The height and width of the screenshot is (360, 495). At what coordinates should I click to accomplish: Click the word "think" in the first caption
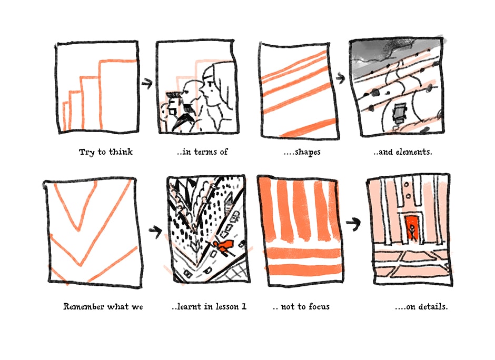coord(121,152)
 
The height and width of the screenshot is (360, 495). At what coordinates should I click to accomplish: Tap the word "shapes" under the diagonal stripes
coord(308,153)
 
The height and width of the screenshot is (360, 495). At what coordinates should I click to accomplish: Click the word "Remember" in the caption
coord(84,306)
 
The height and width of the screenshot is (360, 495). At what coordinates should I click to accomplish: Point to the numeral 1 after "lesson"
coord(244,306)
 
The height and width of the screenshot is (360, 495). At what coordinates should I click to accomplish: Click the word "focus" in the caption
coord(319,306)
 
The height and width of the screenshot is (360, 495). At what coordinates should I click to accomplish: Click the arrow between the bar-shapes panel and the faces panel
coord(147,83)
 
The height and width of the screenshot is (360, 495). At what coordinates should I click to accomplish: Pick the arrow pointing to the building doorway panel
coord(353,224)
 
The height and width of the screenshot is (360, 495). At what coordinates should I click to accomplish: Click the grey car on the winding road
coord(399,112)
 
